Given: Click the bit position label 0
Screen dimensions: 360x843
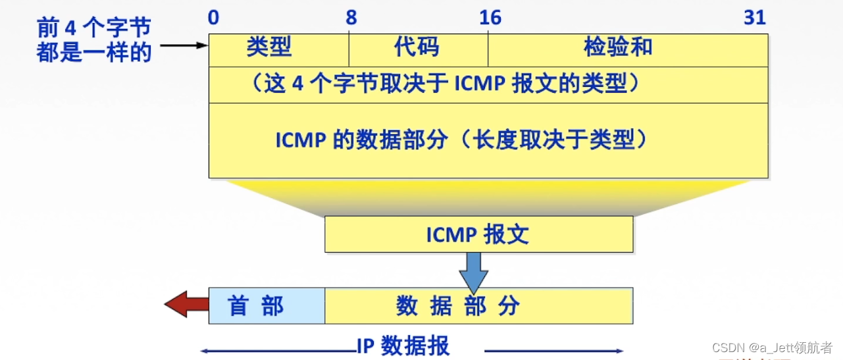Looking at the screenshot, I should (213, 17).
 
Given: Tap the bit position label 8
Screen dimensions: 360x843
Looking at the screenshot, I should (351, 17).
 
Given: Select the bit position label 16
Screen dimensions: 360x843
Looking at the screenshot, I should (491, 17).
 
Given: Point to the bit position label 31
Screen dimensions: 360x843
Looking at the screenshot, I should (755, 17).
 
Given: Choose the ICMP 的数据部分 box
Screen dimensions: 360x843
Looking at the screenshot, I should (488, 140).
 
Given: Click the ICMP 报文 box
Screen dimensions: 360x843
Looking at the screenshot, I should (478, 234).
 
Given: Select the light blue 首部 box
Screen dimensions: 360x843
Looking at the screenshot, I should (267, 305).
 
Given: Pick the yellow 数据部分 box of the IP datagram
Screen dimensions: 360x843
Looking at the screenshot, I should (478, 305).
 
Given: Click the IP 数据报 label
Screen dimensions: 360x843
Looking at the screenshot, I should (403, 346).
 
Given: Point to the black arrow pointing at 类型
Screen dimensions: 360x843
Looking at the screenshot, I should (184, 46).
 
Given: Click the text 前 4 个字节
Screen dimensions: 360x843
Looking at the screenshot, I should (94, 28).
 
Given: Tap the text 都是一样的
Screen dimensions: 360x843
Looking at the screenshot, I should (94, 52).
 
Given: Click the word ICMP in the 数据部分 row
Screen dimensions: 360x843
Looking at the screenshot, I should (299, 140).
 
